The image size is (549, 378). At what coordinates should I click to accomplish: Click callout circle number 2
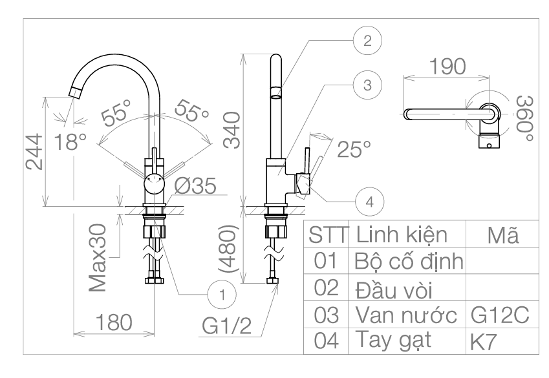(367, 41)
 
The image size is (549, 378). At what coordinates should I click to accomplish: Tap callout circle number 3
(367, 85)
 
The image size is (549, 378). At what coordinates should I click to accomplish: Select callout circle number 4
(369, 202)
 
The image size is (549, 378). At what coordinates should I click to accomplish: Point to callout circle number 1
(222, 295)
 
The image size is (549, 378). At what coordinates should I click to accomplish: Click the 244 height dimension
(34, 152)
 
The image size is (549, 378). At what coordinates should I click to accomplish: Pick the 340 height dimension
(232, 130)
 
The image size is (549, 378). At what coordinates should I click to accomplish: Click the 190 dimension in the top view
(447, 66)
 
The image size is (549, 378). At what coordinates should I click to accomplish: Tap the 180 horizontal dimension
(114, 322)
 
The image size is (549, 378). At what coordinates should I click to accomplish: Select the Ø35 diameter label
(195, 185)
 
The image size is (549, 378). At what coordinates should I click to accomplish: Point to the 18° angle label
(70, 142)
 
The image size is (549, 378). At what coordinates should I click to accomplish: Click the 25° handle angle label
(354, 149)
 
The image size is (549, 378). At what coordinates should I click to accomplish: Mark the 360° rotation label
(525, 118)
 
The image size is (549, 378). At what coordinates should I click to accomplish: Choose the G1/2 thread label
(227, 326)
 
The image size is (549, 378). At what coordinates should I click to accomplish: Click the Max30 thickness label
(98, 258)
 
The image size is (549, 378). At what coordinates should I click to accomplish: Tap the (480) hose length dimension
(229, 249)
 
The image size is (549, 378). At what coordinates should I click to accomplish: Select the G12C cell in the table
(500, 315)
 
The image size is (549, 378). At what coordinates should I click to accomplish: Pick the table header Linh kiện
(402, 235)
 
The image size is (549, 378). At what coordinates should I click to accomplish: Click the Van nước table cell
(406, 315)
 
